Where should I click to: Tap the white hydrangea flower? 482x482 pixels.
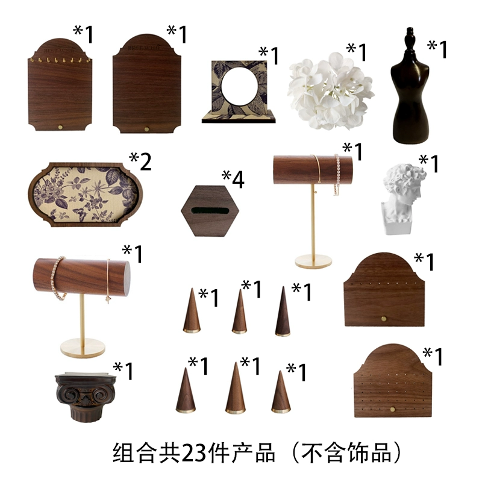click(x=331, y=91)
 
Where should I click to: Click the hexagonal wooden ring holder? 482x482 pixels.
click(x=210, y=210)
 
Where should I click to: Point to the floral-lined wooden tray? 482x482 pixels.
click(x=85, y=195)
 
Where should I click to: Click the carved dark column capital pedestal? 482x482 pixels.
click(x=84, y=397)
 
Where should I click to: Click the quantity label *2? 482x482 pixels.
click(x=140, y=161)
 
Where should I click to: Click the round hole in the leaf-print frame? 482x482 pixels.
click(x=239, y=86)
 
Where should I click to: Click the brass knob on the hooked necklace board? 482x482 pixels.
click(x=61, y=127)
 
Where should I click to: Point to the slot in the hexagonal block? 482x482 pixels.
click(x=210, y=211)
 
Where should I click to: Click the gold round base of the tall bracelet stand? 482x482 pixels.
click(x=313, y=261)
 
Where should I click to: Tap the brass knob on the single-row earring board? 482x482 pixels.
click(x=384, y=319)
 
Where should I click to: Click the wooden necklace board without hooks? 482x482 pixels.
click(x=146, y=84)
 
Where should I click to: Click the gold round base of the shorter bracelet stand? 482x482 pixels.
click(x=83, y=348)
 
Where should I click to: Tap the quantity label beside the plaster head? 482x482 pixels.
click(x=429, y=164)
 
